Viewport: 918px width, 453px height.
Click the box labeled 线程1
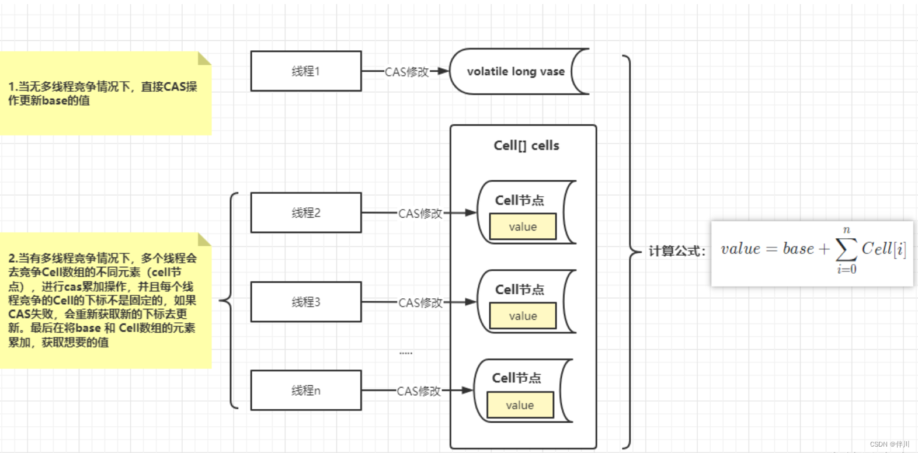coord(306,71)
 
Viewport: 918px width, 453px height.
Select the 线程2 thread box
coord(306,212)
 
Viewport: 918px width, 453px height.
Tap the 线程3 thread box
coord(306,302)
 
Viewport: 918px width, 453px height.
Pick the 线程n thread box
coord(306,390)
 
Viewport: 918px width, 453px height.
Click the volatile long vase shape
coord(516,71)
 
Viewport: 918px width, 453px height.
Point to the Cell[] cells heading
coord(526,145)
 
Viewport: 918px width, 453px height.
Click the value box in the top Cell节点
coord(523,226)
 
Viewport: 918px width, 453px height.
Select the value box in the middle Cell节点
coord(523,316)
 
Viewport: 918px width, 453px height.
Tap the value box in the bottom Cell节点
coord(520,405)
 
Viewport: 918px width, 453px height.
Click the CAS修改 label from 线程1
coord(406,72)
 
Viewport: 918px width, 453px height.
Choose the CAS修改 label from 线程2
coord(420,214)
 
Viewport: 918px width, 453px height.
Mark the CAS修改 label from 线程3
coord(420,303)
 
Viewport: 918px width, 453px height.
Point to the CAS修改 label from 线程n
coord(419,391)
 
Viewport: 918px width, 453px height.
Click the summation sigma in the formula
coord(846,250)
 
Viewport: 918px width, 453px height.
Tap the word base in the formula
coord(798,249)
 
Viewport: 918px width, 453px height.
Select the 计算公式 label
coord(676,251)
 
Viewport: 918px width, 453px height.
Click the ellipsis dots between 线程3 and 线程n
coord(406,353)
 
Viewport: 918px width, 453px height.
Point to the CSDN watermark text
coord(889,444)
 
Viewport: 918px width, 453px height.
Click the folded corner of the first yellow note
coord(204,58)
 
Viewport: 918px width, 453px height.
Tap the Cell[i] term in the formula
coord(884,249)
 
